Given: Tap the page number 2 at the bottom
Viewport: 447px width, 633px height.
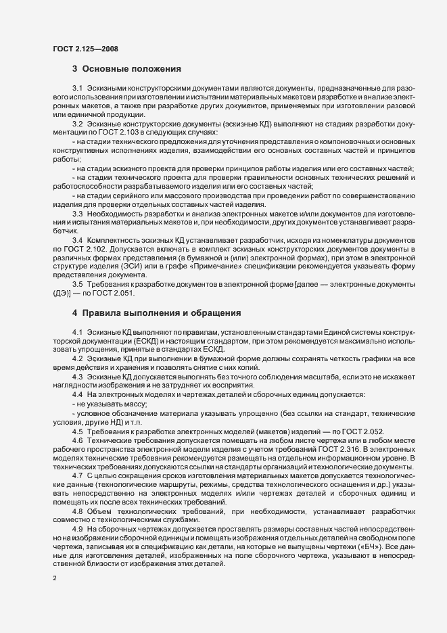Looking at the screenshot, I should click(x=54, y=578).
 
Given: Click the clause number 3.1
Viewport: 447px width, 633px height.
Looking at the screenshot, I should click(x=77, y=89).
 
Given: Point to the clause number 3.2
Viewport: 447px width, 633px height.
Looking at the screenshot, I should click(x=77, y=124).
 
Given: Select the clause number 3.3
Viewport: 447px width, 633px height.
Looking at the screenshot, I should click(x=77, y=214).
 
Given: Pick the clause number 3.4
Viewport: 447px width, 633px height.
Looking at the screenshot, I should click(x=77, y=241).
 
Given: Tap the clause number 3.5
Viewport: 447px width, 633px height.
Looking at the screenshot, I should click(x=77, y=285).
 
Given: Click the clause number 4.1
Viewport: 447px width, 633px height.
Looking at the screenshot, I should click(x=77, y=333).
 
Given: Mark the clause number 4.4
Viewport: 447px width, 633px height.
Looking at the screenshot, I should click(x=77, y=394).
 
